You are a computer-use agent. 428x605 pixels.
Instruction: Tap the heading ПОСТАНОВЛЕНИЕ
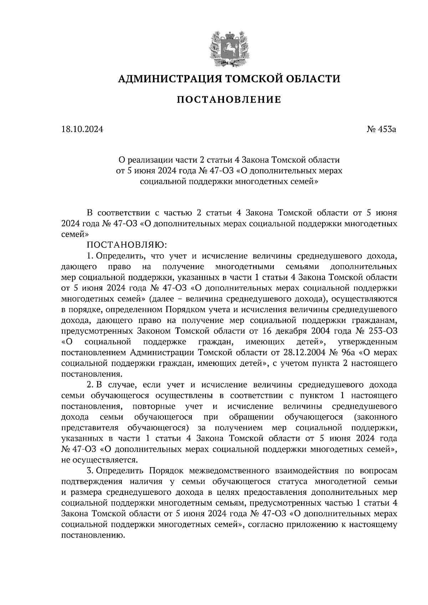pyautogui.click(x=229, y=100)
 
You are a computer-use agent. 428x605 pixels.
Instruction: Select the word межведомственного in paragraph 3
pyautogui.click(x=228, y=471)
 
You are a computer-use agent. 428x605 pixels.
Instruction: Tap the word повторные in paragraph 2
pyautogui.click(x=154, y=407)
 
